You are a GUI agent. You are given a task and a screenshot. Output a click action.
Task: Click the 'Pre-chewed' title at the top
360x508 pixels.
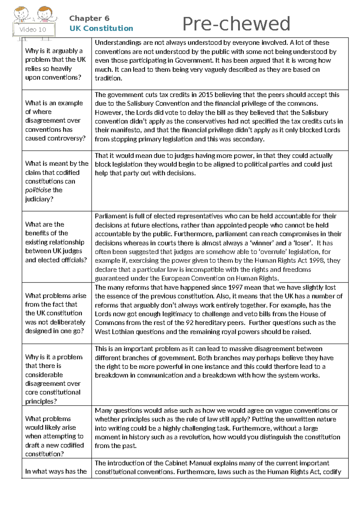(x=236, y=24)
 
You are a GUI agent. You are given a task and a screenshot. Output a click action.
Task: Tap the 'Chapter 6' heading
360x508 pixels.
(x=89, y=18)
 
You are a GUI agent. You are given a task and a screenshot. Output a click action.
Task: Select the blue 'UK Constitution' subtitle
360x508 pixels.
(x=101, y=28)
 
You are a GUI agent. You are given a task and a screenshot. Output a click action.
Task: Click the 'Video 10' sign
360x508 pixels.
(x=33, y=29)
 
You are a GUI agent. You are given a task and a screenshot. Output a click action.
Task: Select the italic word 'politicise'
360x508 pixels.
(x=38, y=190)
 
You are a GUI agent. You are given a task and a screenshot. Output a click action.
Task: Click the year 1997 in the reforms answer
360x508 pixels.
(x=235, y=287)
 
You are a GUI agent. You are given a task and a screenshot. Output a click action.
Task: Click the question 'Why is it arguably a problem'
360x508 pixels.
(x=54, y=51)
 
